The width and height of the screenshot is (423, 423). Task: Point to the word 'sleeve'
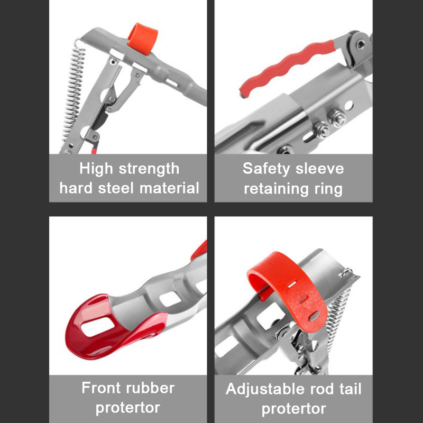(x=320, y=169)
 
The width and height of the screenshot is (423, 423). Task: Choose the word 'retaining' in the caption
(x=276, y=189)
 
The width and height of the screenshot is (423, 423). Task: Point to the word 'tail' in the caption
(x=351, y=389)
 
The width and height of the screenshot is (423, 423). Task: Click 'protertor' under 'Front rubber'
(x=128, y=408)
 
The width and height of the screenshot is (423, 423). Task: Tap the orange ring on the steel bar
(x=143, y=38)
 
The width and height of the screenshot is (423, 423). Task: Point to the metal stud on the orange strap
(x=314, y=316)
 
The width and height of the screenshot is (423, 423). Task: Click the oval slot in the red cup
(x=98, y=327)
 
